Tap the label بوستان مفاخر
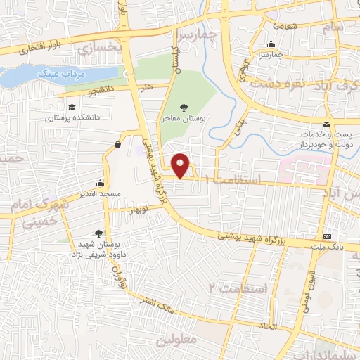[x=184, y=120]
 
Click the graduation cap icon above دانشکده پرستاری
[x=71, y=107]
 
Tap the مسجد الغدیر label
[x=99, y=193]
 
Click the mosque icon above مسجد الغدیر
[x=99, y=180]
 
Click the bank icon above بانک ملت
[x=327, y=236]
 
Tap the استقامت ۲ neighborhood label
[x=239, y=288]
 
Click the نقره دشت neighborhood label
[x=281, y=83]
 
